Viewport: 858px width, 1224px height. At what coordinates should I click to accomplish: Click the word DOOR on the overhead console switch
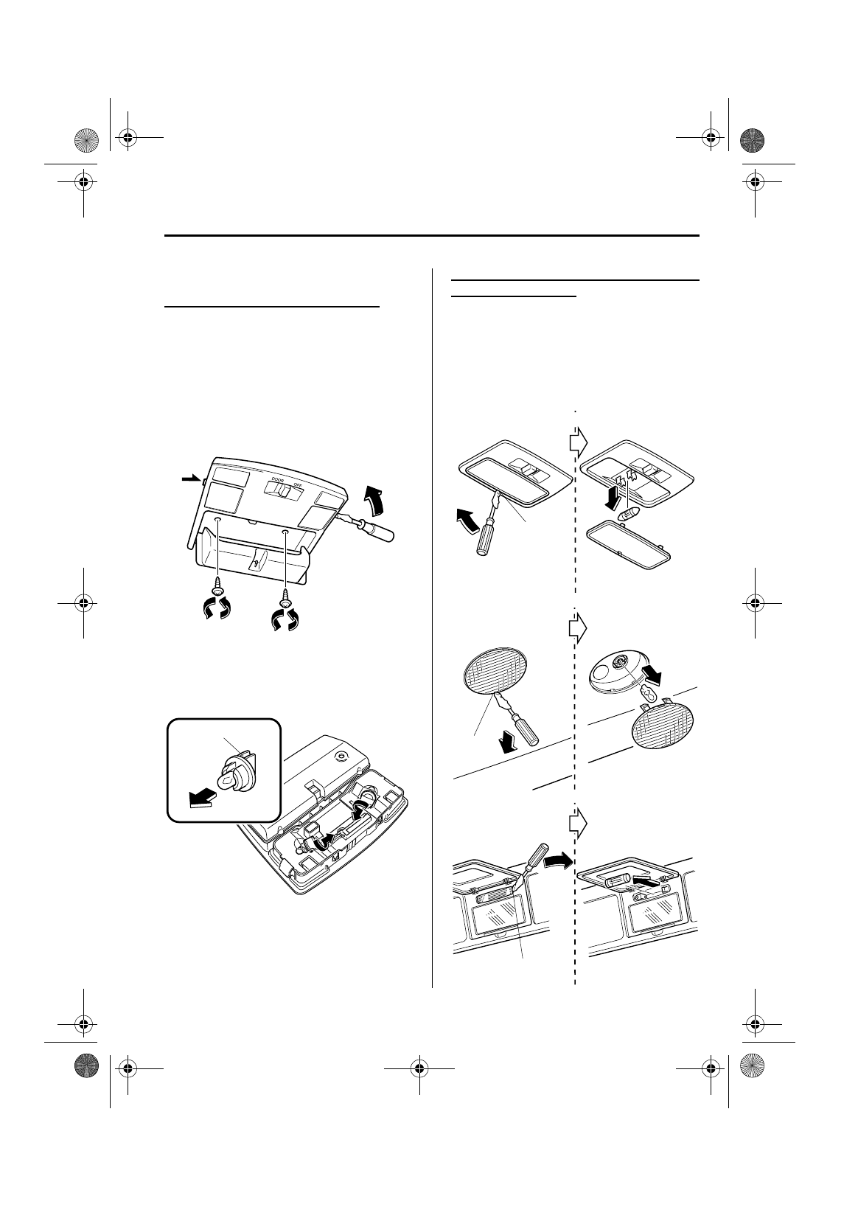277,480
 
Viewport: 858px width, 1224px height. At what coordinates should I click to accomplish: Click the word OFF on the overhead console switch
298,485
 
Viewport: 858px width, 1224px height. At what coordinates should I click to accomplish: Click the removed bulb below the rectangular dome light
632,512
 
